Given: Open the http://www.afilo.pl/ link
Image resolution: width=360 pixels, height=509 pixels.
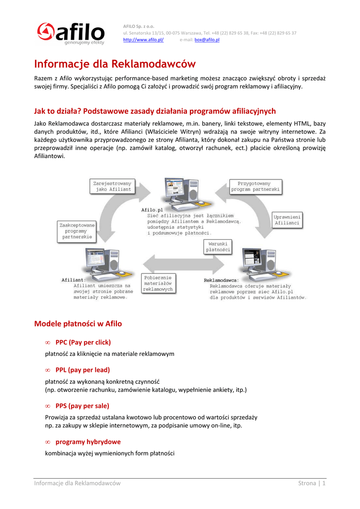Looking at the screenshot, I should (x=143, y=40).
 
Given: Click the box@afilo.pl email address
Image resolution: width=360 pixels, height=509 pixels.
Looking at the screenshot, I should (x=207, y=40).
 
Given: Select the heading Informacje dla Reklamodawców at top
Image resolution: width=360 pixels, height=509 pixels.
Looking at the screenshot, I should (x=115, y=64).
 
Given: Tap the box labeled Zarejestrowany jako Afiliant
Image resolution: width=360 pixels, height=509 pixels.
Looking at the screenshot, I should (x=112, y=186).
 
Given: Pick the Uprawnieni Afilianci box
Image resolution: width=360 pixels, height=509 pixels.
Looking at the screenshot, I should (x=287, y=220).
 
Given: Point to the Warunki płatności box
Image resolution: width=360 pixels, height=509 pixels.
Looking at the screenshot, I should (x=218, y=247).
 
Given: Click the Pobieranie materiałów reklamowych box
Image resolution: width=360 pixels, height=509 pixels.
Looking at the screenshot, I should (x=158, y=283).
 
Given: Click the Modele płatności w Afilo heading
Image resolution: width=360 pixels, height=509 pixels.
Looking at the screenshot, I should (x=78, y=324).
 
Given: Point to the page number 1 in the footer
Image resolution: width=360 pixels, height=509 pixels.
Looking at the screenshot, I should (x=324, y=483).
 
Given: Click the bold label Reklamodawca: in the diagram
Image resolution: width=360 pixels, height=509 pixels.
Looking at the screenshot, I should (x=222, y=280).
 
